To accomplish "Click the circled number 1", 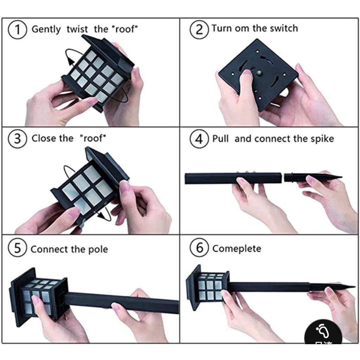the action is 18,30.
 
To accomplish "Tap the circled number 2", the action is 199,29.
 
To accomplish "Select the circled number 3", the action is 18,139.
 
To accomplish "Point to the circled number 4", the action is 199,139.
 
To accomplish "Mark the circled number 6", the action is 199,248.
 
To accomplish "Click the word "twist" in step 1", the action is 77,29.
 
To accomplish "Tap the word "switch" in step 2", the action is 284,28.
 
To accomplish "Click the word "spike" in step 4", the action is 322,139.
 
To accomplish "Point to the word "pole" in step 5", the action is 98,250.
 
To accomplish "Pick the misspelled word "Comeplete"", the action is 237,249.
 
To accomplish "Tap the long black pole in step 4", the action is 233,178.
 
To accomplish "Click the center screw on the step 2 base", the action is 259,73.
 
